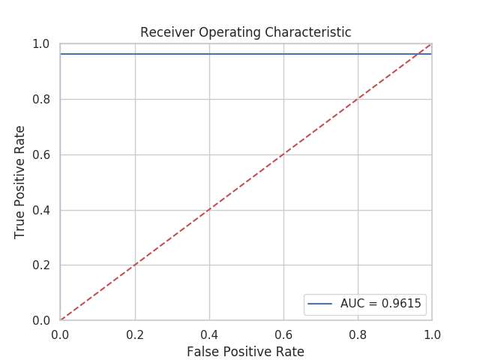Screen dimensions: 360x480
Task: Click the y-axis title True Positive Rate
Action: [x=20, y=182]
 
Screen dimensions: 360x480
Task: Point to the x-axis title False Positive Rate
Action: [x=245, y=351]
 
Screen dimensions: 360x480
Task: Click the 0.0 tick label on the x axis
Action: [x=60, y=333]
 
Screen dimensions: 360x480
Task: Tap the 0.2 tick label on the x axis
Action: [x=135, y=333]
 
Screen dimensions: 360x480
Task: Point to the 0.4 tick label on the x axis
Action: [x=209, y=333]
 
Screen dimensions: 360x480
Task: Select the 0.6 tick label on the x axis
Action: [x=283, y=333]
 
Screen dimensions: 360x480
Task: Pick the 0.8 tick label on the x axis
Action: [x=358, y=333]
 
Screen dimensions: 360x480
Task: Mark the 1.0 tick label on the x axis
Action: [x=432, y=333]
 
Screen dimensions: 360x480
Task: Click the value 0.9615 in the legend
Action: [x=403, y=304]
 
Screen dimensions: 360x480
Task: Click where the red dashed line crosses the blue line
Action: [x=418, y=54]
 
